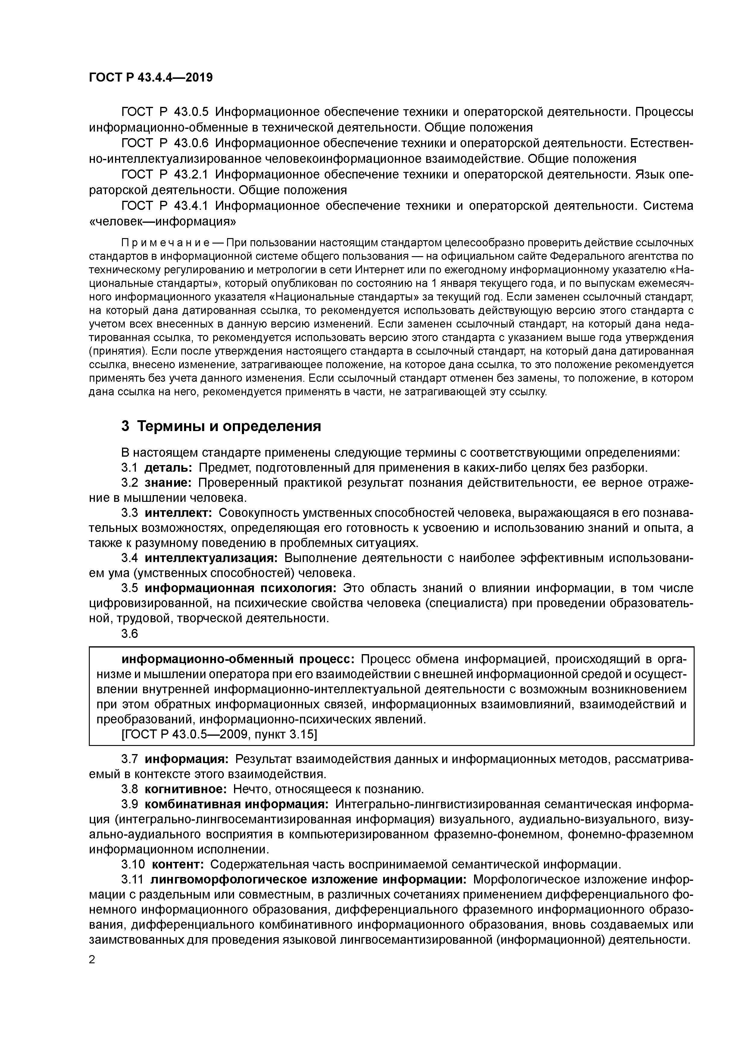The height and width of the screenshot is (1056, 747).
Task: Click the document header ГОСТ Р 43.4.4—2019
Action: pyautogui.click(x=151, y=78)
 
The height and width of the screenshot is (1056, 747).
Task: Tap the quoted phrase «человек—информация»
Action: pyautogui.click(x=162, y=222)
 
